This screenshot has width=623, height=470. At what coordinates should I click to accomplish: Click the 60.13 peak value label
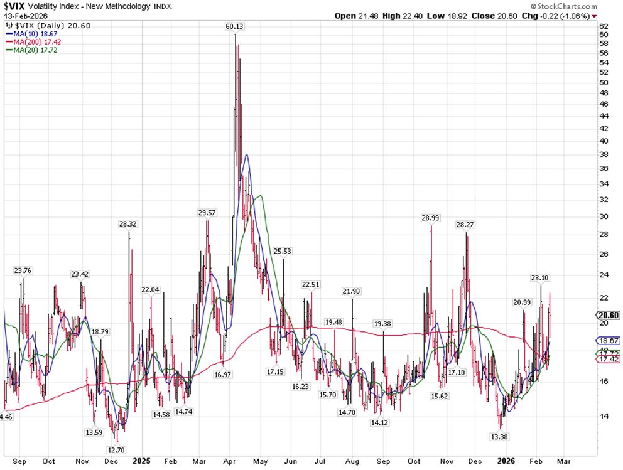[x=236, y=26]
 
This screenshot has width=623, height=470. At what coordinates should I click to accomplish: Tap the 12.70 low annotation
[x=116, y=449]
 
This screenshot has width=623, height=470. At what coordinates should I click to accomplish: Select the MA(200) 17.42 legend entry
[x=32, y=41]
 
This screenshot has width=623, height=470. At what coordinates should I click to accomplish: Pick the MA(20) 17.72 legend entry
[x=30, y=50]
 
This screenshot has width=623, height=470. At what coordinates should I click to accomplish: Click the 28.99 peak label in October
[x=431, y=218]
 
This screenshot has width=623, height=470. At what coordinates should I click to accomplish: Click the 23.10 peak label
[x=539, y=277]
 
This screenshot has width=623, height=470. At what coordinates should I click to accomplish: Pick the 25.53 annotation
[x=283, y=251]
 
